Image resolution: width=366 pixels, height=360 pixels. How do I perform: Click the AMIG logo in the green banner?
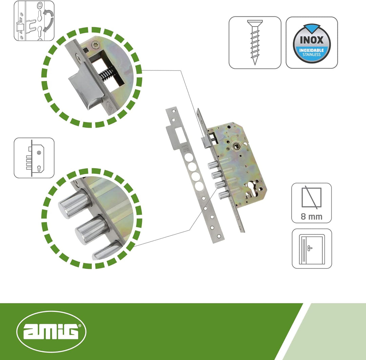click(x=52, y=331)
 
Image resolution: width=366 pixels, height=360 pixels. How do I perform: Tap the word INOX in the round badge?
click(x=312, y=40)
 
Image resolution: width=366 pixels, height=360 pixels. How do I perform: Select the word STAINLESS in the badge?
click(x=312, y=54)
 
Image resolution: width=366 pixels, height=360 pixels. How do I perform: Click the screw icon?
click(x=255, y=42)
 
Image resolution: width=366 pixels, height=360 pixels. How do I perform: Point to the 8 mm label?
click(x=312, y=216)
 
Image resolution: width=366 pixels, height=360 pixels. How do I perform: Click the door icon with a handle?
click(x=312, y=249)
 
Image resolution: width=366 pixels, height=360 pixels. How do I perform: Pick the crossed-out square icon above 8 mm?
click(x=312, y=197)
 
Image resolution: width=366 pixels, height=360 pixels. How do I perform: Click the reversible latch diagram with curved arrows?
click(x=34, y=21)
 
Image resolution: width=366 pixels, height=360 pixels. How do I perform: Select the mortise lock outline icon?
click(x=34, y=158)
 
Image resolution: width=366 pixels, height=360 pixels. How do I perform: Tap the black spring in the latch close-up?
click(x=106, y=73)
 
